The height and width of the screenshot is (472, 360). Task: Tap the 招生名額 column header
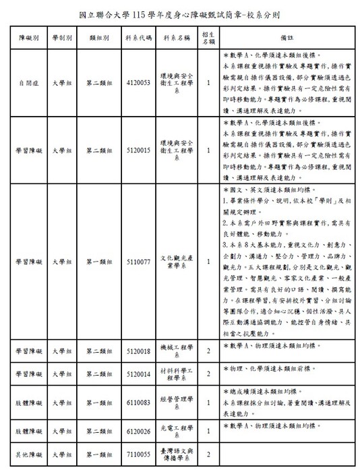coord(209,37)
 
